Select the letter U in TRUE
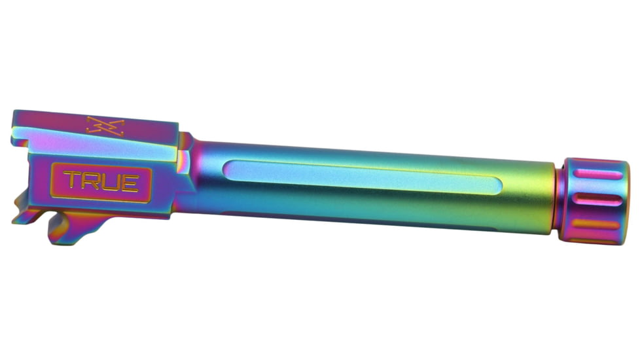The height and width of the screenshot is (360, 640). [110, 183]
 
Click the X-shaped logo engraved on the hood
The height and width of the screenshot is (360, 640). [105, 126]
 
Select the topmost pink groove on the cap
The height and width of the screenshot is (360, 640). [597, 174]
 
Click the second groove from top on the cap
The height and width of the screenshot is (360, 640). [597, 200]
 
